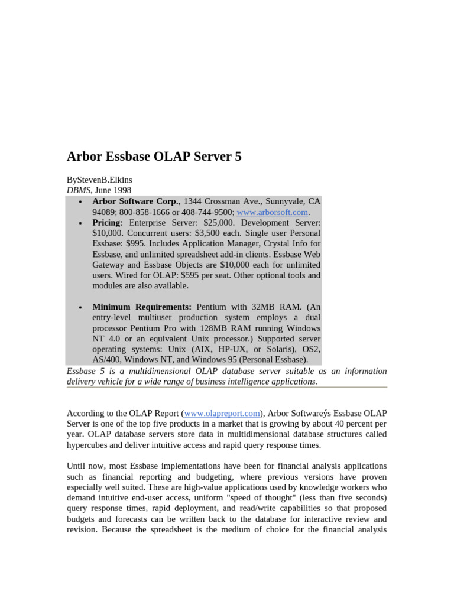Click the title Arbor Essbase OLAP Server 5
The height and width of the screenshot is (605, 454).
pyautogui.click(x=154, y=157)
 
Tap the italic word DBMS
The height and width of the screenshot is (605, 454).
pyautogui.click(x=78, y=190)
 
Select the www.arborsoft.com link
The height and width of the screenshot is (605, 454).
pyautogui.click(x=272, y=212)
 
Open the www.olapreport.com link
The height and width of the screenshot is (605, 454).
pyautogui.click(x=222, y=413)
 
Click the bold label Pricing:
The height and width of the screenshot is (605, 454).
pyautogui.click(x=108, y=223)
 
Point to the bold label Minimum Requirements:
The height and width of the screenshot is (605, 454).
pyautogui.click(x=142, y=307)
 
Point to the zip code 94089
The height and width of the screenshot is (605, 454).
pyautogui.click(x=105, y=212)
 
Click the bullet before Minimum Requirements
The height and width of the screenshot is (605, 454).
pyautogui.click(x=80, y=308)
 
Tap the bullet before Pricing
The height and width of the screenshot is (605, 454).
pyautogui.click(x=80, y=224)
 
